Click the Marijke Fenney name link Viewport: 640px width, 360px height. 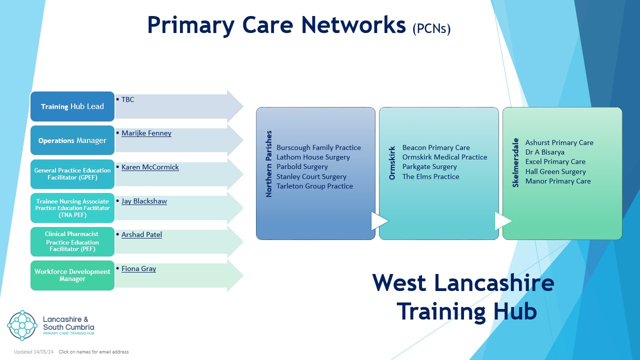146,133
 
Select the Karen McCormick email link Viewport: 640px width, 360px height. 150,167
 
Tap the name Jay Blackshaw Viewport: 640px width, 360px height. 144,201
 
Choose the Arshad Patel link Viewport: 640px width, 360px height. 141,234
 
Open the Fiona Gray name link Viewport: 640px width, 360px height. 138,268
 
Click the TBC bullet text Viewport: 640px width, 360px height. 127,99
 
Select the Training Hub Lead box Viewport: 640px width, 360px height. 72,106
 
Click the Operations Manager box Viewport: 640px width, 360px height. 72,140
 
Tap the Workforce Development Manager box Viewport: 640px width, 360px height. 72,275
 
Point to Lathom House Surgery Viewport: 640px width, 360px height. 313,157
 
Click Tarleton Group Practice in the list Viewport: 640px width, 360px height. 314,186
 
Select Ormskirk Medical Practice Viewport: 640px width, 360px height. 444,157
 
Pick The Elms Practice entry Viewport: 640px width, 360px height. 430,176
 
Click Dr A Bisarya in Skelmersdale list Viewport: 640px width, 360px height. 544,152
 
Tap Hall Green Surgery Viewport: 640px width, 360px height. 555,171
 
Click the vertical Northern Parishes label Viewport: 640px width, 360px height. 269,164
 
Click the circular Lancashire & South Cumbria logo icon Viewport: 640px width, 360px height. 22,325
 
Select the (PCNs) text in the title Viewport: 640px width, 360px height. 431,28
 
